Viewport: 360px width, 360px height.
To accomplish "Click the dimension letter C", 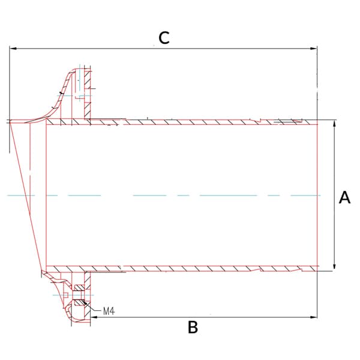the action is [x=164, y=38].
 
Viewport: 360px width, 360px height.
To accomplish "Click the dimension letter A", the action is [x=344, y=197].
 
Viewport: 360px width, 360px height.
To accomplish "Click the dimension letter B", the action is [x=193, y=328].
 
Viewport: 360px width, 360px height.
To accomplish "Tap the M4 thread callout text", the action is [x=109, y=311].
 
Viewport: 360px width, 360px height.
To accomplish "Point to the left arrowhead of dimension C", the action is [x=13, y=49].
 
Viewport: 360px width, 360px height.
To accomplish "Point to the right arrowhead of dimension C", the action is [x=313, y=49].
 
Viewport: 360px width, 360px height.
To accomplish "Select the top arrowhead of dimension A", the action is [x=335, y=123].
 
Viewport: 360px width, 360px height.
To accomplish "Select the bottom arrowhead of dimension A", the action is [x=335, y=266].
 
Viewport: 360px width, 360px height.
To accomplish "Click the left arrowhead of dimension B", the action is [x=94, y=317].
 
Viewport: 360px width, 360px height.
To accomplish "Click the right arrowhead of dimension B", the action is [x=313, y=317].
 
